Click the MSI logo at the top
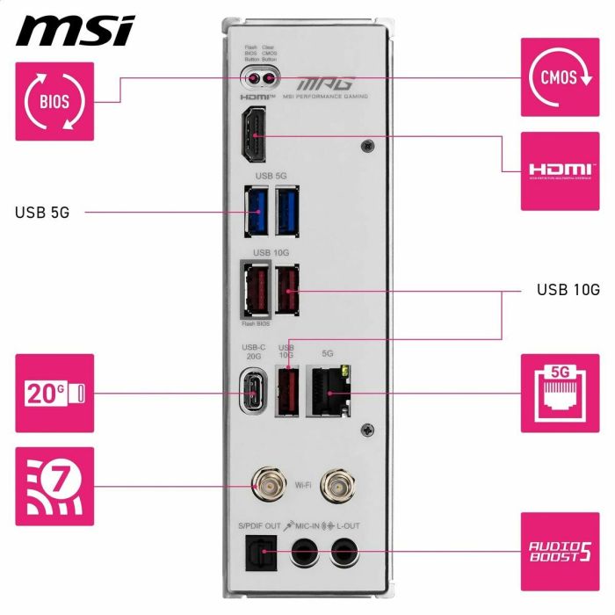click(76, 30)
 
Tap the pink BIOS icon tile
click(54, 101)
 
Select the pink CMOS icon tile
click(561, 77)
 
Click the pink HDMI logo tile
click(561, 170)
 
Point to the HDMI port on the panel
click(254, 136)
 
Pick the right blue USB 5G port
click(287, 212)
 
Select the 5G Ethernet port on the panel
click(328, 388)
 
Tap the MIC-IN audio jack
click(305, 553)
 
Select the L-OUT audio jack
click(344, 553)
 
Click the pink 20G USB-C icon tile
click(54, 393)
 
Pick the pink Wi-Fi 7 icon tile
click(54, 486)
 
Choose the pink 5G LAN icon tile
click(561, 393)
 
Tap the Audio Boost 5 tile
click(561, 552)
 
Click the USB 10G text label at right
click(568, 289)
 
